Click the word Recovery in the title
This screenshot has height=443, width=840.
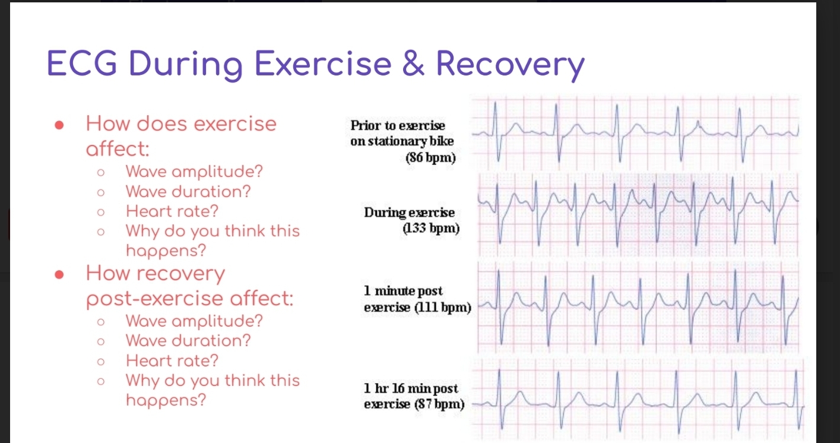point(510,65)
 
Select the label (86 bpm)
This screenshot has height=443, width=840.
point(430,158)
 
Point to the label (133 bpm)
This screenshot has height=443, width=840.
point(431,228)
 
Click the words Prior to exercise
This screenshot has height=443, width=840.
point(397,125)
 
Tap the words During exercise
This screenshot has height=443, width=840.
point(409,213)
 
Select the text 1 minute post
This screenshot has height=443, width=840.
point(403,291)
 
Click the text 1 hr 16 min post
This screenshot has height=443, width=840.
point(410,389)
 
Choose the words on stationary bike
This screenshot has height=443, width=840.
point(402,141)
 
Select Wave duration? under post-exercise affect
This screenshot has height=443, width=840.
point(188,341)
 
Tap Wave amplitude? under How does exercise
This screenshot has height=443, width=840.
point(194,172)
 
